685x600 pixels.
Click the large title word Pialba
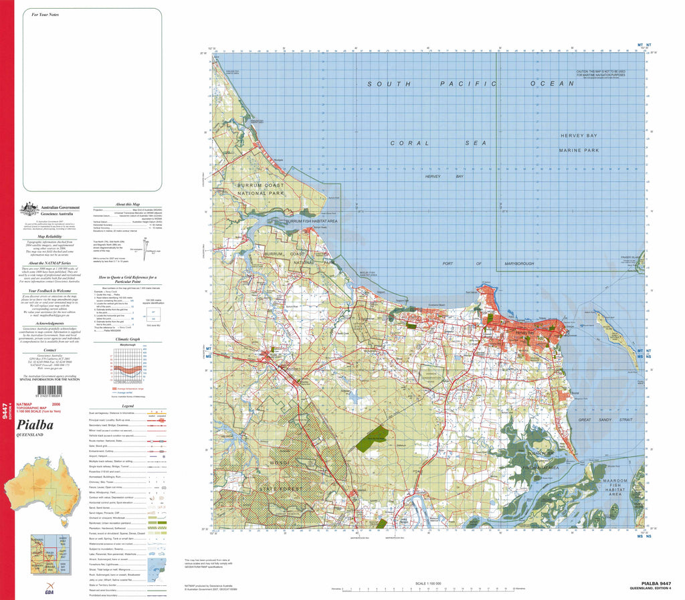pyautogui.click(x=37, y=423)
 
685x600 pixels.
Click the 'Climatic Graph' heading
pyautogui.click(x=127, y=339)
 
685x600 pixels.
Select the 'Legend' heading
pyautogui.click(x=127, y=406)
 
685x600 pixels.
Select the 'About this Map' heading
pyautogui.click(x=127, y=203)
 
